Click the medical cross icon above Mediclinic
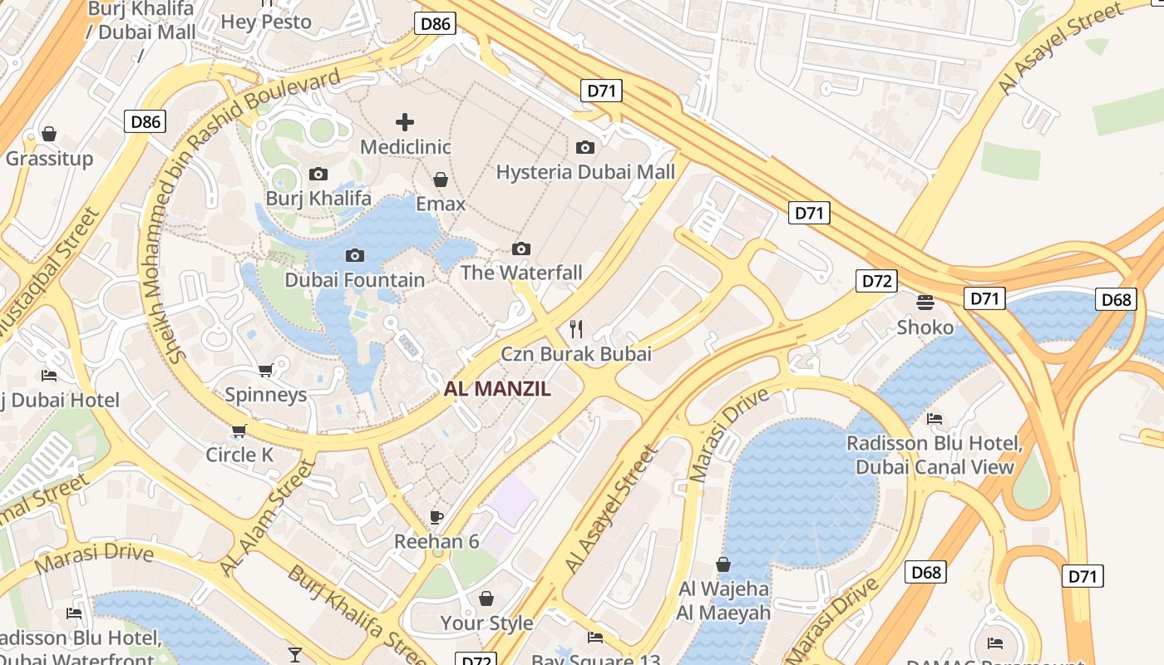[x=405, y=122]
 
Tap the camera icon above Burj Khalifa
[x=318, y=174]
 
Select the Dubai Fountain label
[x=355, y=280]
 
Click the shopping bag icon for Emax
[x=441, y=180]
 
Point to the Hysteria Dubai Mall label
[x=585, y=172]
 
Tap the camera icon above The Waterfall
[x=521, y=249]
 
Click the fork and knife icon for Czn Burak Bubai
[x=575, y=329]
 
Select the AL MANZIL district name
[x=497, y=389]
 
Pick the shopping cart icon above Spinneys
[x=265, y=370]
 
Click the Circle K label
[x=239, y=455]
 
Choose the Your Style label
[x=486, y=623]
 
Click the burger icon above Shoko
[x=925, y=302]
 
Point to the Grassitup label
[x=49, y=158]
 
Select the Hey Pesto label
[x=266, y=22]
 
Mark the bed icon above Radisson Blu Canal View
[x=935, y=419]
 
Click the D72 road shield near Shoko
[x=876, y=281]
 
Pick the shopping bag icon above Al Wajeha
[x=723, y=564]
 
